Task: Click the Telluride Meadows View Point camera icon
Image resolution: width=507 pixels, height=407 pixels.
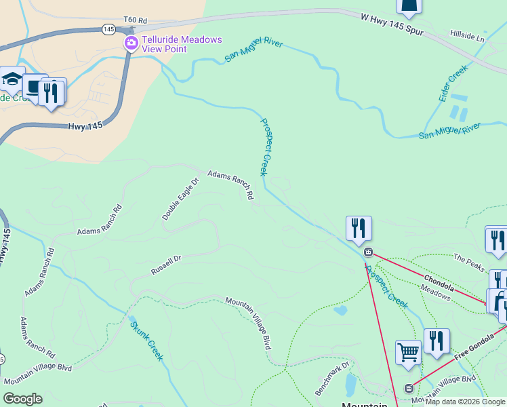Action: [130, 43]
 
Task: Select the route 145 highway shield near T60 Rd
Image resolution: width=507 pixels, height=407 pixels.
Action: [108, 28]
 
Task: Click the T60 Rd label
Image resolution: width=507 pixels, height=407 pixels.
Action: [136, 20]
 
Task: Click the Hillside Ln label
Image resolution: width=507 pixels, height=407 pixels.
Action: [468, 37]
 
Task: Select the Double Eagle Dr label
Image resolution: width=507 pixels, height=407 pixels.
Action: [180, 199]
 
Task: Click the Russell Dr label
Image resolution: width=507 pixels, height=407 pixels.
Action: [166, 263]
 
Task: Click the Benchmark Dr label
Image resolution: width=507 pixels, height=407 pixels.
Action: [331, 380]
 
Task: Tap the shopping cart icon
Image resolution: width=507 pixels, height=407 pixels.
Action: [408, 352]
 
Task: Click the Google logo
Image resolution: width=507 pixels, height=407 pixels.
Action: [22, 399]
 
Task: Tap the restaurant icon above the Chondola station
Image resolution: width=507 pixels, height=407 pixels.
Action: [359, 228]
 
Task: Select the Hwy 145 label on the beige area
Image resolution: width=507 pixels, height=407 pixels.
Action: [85, 126]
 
